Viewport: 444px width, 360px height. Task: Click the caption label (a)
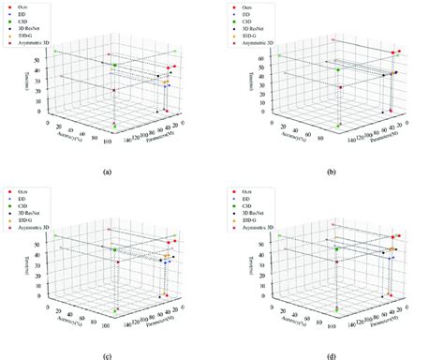pos(108,172)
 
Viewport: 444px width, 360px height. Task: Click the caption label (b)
pos(331,172)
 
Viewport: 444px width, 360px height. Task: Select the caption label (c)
pos(108,355)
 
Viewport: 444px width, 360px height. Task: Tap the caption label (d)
pos(331,355)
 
